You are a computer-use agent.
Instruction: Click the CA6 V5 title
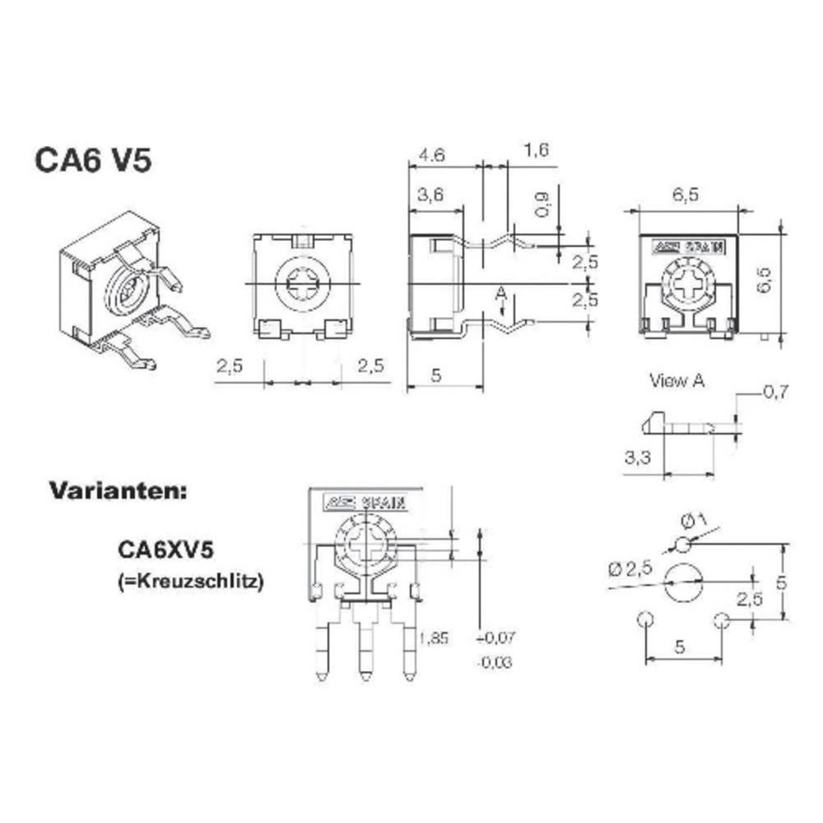93,160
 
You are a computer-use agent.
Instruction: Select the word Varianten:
119,491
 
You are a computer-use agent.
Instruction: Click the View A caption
677,380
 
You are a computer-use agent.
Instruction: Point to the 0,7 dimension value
775,393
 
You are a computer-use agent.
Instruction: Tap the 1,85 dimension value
434,638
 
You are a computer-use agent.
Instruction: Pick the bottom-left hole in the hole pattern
644,619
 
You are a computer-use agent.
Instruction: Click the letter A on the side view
500,293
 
